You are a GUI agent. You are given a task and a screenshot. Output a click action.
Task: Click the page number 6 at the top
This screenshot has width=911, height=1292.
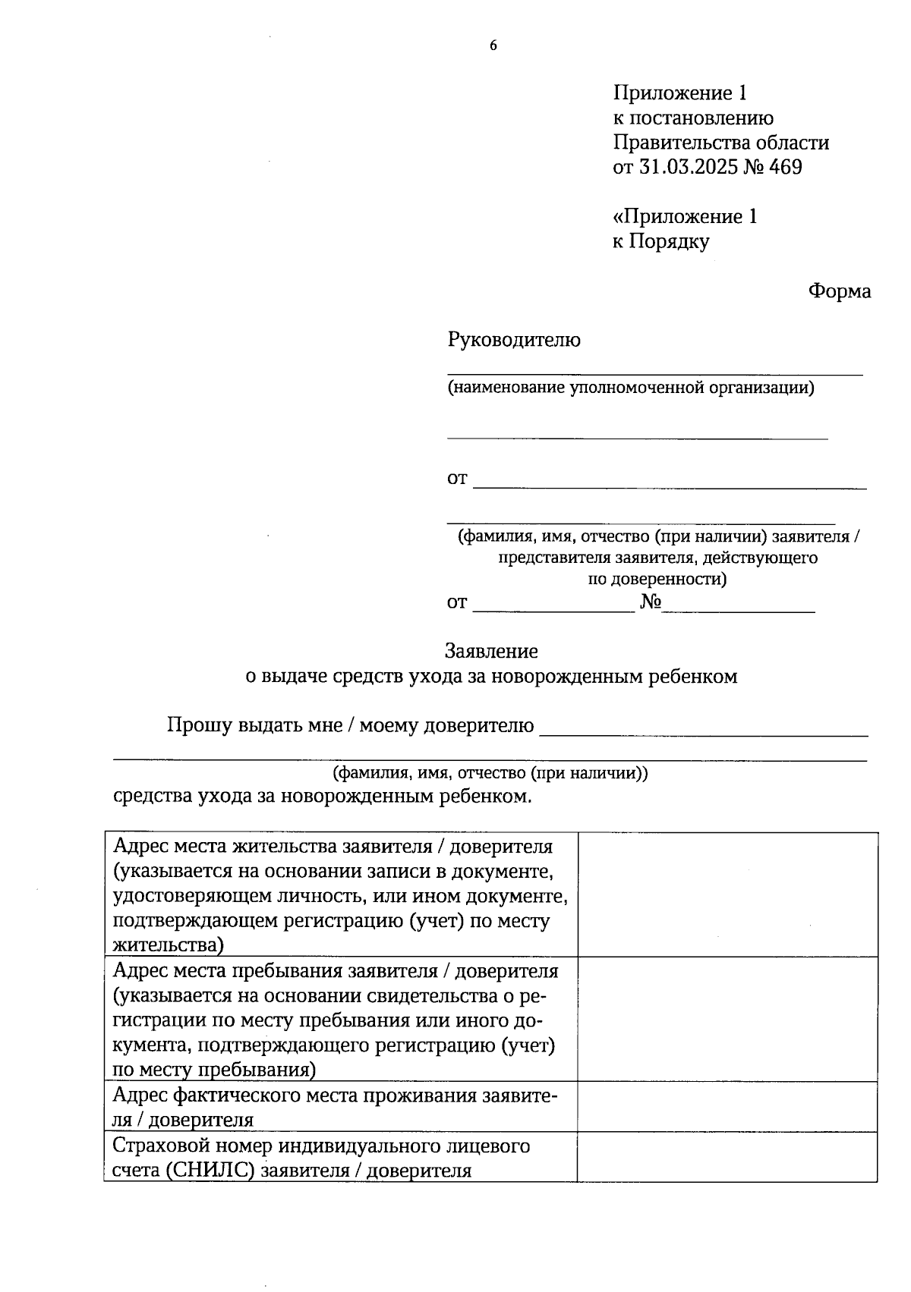tap(493, 46)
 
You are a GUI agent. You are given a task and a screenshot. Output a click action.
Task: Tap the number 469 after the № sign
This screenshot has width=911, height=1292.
tap(785, 167)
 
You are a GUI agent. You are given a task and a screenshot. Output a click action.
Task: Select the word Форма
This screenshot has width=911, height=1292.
tap(839, 291)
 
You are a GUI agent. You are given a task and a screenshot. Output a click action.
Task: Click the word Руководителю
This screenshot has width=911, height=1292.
tap(514, 340)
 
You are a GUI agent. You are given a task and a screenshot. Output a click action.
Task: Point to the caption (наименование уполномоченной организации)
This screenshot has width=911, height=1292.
tap(630, 388)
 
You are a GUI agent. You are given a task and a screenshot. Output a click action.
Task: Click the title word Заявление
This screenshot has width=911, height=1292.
tap(491, 651)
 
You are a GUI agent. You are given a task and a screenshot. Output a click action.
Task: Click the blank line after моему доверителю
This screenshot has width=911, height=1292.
tap(702, 730)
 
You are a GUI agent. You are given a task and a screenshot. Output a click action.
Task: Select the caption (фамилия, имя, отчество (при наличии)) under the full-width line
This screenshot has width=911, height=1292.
tap(490, 773)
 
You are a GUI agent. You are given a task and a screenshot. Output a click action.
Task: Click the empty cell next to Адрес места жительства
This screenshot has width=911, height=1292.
tap(727, 894)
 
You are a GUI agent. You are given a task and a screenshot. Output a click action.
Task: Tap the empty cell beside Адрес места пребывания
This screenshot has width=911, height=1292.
tap(727, 1019)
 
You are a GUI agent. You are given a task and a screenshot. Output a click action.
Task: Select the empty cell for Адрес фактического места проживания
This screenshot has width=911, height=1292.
tap(727, 1106)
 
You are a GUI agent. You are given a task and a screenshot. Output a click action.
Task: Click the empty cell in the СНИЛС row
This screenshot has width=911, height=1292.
tap(727, 1157)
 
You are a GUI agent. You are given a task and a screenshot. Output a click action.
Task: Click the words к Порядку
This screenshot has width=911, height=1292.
tap(660, 242)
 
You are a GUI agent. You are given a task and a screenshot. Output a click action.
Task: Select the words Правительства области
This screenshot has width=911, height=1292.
tap(720, 143)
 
